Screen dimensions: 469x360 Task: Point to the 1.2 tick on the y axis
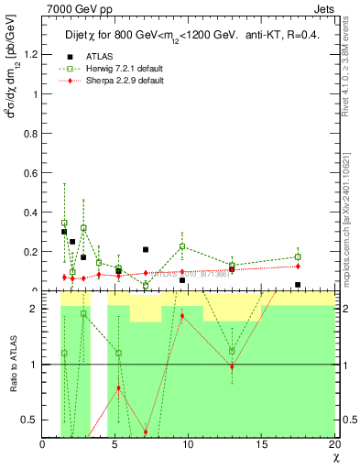[30, 54]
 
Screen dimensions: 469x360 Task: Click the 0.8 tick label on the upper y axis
[30, 133]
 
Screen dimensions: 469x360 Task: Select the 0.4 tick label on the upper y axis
[30, 213]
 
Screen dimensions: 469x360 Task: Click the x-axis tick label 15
[261, 444]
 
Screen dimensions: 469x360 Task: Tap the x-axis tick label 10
[188, 444]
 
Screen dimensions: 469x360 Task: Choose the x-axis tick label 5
[115, 444]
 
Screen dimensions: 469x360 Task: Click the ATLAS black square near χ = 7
[146, 249]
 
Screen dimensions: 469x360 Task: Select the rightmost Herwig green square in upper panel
[298, 257]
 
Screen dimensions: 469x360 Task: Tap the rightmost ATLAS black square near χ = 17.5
[298, 285]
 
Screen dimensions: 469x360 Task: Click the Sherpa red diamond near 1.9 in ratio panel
[182, 316]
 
